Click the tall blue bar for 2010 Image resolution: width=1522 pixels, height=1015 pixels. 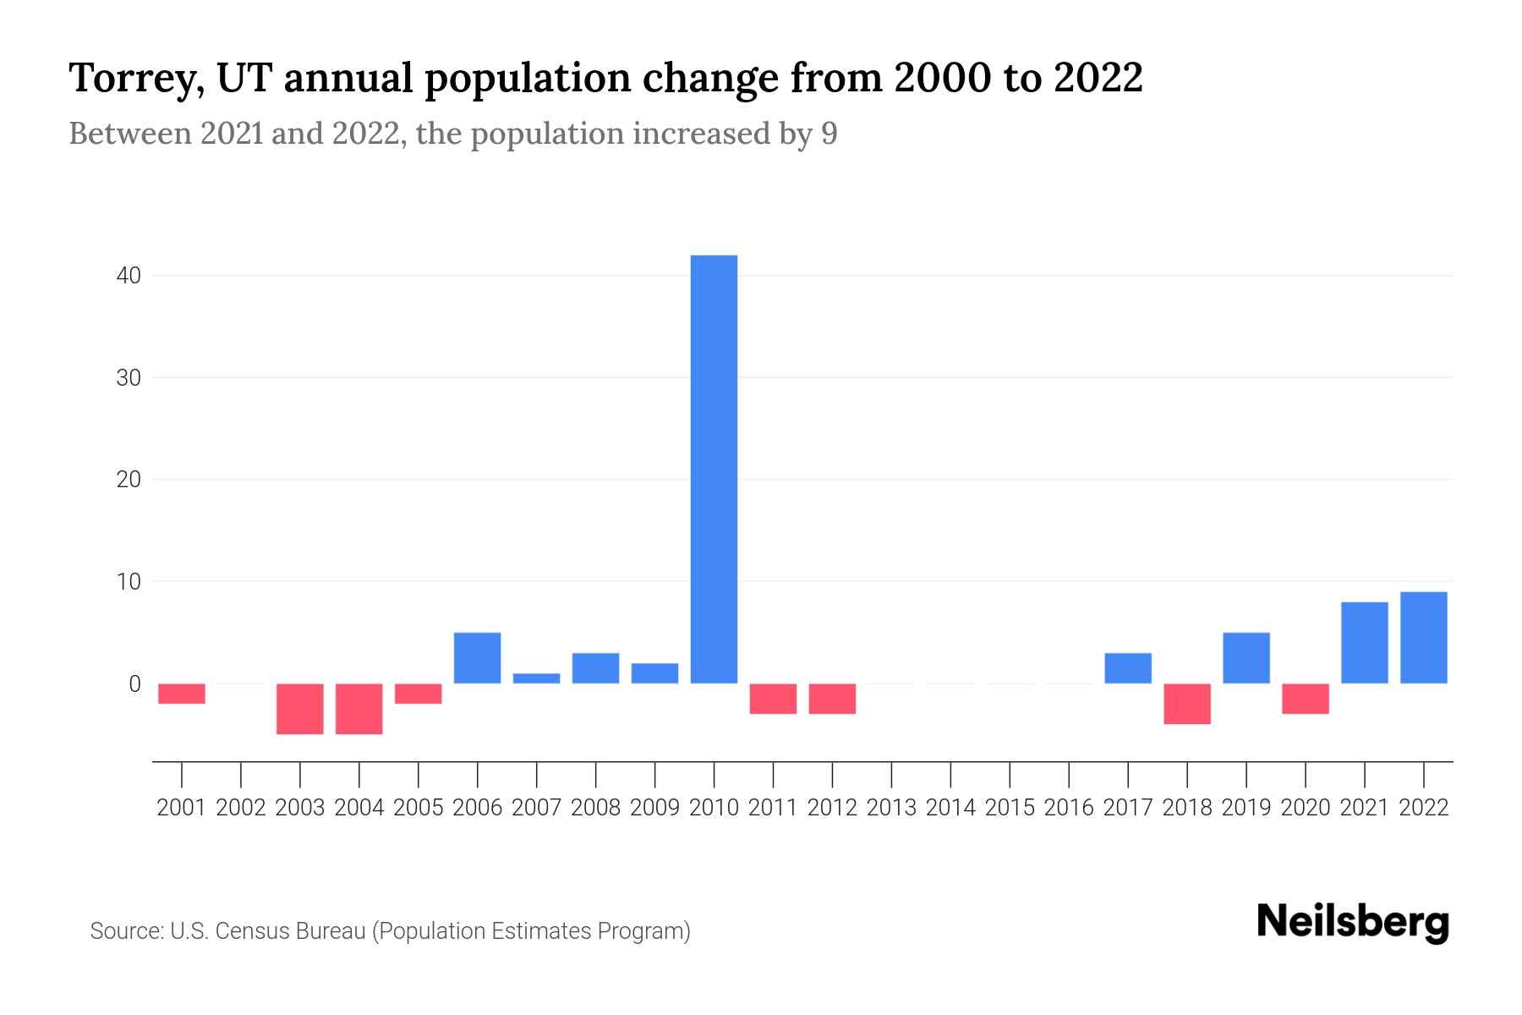(714, 469)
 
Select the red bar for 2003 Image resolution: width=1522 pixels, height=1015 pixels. (300, 709)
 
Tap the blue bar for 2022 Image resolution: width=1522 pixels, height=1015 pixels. (1424, 638)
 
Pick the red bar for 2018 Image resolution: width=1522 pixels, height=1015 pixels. (1187, 704)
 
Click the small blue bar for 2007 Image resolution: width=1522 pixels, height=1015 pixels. (536, 678)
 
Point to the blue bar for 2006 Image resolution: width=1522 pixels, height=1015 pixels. (477, 658)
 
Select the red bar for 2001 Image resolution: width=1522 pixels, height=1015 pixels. (182, 694)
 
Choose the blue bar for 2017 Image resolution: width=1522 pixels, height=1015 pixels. (1128, 668)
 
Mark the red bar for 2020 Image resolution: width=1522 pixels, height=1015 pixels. (1306, 699)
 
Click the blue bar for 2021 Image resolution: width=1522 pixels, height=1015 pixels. (1365, 643)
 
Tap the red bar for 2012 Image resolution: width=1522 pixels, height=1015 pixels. (832, 699)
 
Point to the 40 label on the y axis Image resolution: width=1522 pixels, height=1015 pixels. (129, 276)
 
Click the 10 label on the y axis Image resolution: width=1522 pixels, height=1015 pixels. (129, 582)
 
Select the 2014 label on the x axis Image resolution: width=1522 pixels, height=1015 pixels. (950, 808)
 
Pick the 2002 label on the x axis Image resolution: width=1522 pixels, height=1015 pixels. (241, 808)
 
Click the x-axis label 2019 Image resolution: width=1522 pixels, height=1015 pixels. (1246, 808)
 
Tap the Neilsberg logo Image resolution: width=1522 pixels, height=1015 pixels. (1353, 922)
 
